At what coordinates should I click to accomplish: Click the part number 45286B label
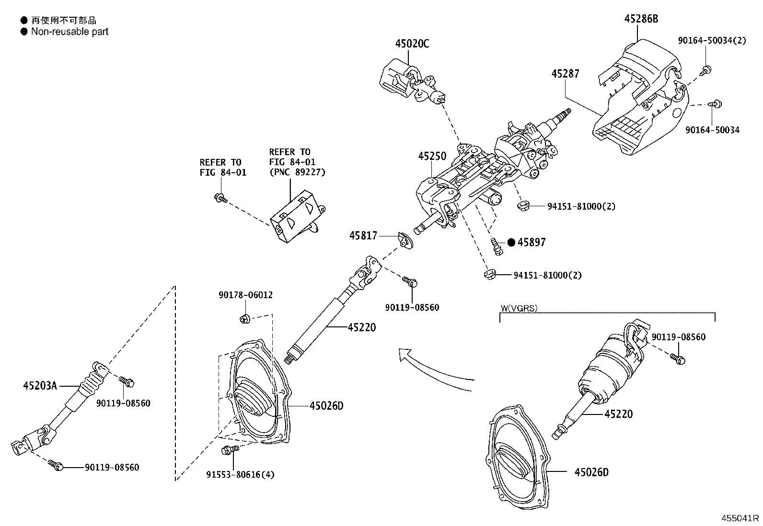click(x=641, y=19)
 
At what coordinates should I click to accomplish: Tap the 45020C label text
click(x=412, y=44)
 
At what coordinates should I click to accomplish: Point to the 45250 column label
click(x=432, y=156)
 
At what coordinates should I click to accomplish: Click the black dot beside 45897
click(x=511, y=243)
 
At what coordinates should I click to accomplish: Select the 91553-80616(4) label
click(x=240, y=474)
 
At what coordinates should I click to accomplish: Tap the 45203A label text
click(x=40, y=385)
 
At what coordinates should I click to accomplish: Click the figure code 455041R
click(x=741, y=518)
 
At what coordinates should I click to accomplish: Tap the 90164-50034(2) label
click(x=712, y=41)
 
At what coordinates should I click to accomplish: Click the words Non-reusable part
click(x=69, y=32)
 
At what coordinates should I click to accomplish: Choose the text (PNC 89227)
click(x=297, y=172)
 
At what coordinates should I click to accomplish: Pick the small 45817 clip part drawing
click(x=405, y=240)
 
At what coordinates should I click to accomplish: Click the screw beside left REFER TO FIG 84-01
click(x=220, y=197)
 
